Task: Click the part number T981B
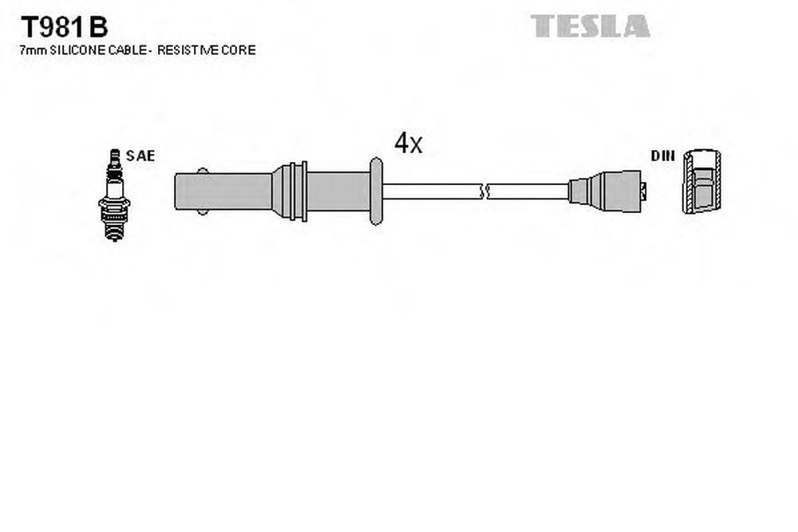(x=64, y=26)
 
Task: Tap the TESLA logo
(x=590, y=26)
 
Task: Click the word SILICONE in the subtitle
(x=77, y=49)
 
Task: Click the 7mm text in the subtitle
(x=33, y=49)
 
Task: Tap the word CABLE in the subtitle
(x=127, y=49)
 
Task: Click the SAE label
(x=140, y=156)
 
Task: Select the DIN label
(x=662, y=156)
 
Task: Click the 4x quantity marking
(x=408, y=143)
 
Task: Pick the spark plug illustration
(x=114, y=195)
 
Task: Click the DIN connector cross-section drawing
(x=701, y=182)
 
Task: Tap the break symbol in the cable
(x=484, y=191)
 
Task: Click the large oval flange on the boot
(x=376, y=191)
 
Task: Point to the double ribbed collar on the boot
(x=298, y=191)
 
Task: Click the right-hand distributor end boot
(x=605, y=191)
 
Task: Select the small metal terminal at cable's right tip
(x=644, y=191)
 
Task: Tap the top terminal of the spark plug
(x=115, y=158)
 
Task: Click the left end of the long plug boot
(x=175, y=191)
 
